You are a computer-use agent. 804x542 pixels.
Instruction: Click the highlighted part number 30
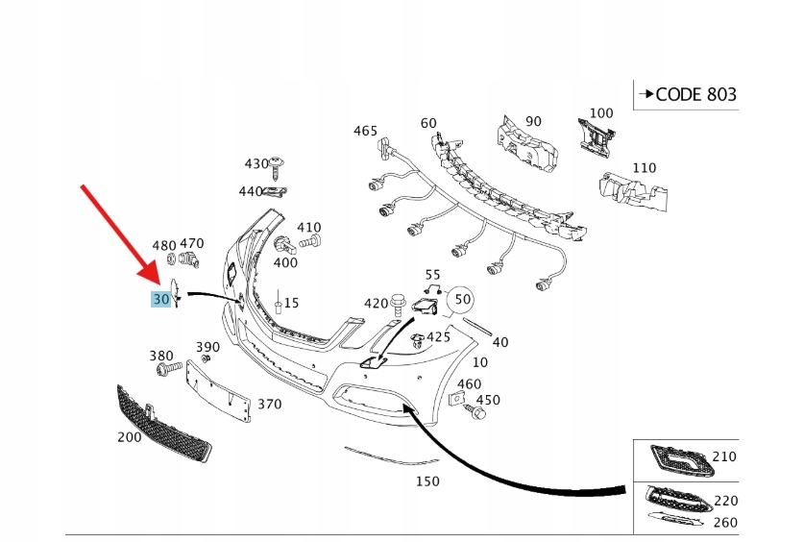pyautogui.click(x=160, y=300)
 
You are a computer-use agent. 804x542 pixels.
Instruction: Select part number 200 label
pyautogui.click(x=129, y=437)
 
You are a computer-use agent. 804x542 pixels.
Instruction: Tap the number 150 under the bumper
pyautogui.click(x=426, y=480)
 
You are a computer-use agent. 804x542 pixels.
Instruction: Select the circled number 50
pyautogui.click(x=462, y=300)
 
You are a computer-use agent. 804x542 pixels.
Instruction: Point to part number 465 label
pyautogui.click(x=365, y=131)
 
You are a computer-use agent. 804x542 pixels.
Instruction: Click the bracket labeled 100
pyautogui.click(x=596, y=134)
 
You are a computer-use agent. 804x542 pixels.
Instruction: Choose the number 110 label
pyautogui.click(x=644, y=167)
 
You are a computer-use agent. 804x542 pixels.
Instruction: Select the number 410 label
pyautogui.click(x=308, y=227)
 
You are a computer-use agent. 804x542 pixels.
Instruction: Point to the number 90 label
pyautogui.click(x=533, y=121)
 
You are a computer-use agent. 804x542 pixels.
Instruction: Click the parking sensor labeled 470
pyautogui.click(x=189, y=260)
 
